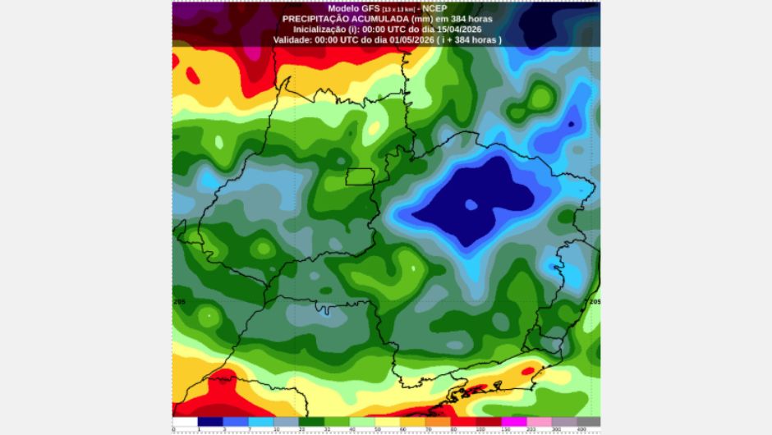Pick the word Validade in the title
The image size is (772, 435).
[x=293, y=39]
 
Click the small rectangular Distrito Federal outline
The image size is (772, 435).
[x=358, y=176]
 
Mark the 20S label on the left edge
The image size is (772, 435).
[x=180, y=302]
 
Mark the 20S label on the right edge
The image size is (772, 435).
[x=594, y=302]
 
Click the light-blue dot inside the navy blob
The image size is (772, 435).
[x=471, y=204]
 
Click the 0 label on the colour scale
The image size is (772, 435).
[x=174, y=429]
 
